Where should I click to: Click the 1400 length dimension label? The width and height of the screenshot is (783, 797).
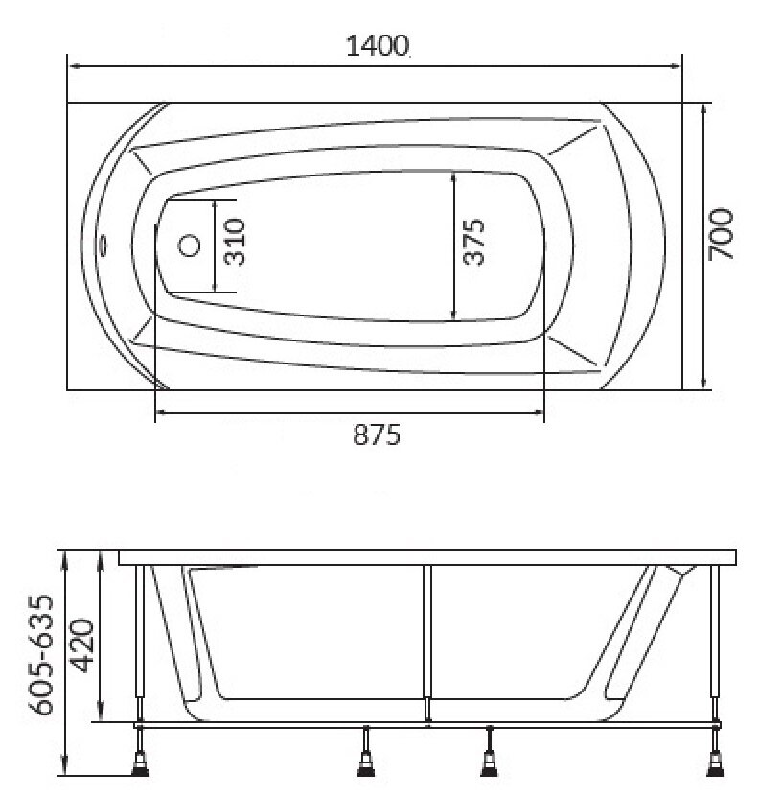tap(378, 46)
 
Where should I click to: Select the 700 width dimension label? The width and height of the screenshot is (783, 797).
tap(721, 234)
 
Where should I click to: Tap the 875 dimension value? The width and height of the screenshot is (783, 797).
tap(377, 435)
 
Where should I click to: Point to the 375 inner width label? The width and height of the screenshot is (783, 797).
tap(474, 242)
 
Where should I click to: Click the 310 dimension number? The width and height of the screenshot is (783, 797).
tap(235, 242)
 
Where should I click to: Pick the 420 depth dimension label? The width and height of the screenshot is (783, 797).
tap(82, 645)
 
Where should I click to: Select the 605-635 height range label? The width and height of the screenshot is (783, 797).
tap(40, 656)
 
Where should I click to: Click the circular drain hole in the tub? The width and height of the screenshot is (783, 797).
tap(189, 246)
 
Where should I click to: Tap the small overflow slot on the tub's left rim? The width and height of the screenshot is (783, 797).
tap(104, 246)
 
